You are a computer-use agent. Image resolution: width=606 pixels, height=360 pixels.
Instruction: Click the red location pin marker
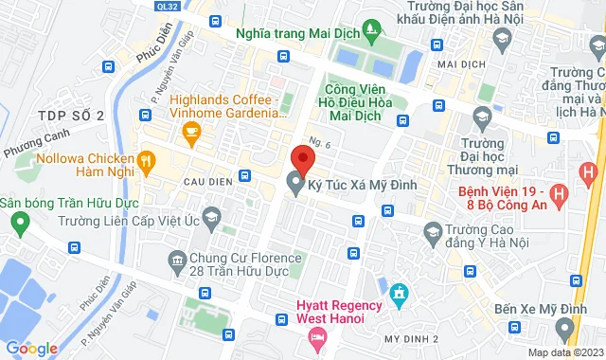(302, 157)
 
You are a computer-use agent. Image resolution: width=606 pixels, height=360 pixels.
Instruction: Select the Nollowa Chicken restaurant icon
(147, 163)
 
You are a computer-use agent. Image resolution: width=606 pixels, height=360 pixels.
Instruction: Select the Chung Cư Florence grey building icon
(177, 259)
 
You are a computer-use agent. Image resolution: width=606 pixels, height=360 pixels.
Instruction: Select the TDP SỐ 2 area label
(70, 115)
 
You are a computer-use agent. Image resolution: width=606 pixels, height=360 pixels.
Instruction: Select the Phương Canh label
(31, 149)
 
